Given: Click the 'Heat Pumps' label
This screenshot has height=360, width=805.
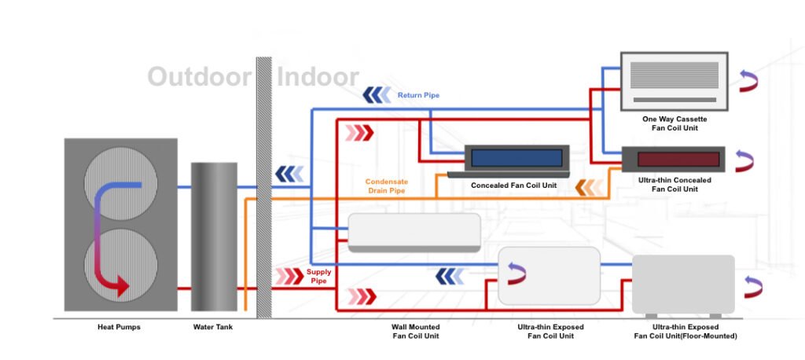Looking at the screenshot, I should click(x=119, y=327).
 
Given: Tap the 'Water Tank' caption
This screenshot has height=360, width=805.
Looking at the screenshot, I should click(x=212, y=327).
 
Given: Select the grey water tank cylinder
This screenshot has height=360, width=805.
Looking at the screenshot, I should click(x=213, y=236).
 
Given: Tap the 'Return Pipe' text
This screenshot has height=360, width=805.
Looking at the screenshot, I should click(x=418, y=95).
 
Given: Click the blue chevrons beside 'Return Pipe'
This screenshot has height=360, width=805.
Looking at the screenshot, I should click(x=377, y=95).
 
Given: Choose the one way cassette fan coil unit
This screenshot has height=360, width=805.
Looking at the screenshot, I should click(x=674, y=80).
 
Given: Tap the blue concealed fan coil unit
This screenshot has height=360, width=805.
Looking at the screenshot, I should click(x=516, y=158).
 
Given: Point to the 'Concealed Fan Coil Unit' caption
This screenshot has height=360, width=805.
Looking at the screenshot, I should click(x=513, y=186).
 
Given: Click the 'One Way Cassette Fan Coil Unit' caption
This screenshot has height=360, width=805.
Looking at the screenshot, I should click(x=674, y=123).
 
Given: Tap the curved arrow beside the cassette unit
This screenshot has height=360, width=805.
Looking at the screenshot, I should click(x=747, y=80).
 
